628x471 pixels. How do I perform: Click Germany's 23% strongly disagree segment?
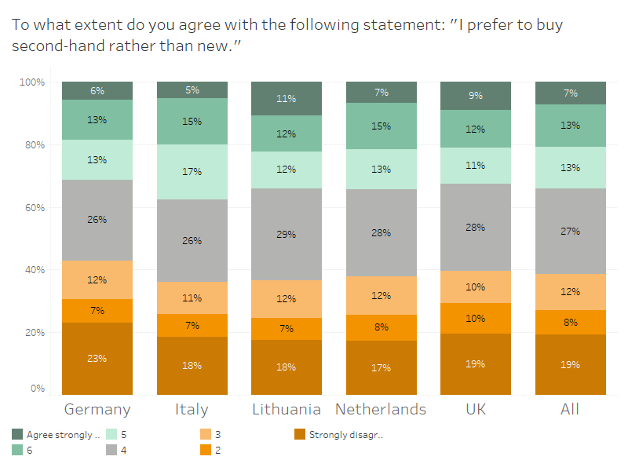(97, 359)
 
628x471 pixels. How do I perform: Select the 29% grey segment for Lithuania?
(287, 235)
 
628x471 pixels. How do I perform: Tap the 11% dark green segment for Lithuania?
(287, 99)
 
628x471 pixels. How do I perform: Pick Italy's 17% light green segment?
(192, 172)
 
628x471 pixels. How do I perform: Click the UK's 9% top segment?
(475, 96)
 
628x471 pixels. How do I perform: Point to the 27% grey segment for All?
(570, 231)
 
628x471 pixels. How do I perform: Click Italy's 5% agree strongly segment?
(192, 89)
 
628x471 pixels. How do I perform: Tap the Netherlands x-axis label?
(381, 409)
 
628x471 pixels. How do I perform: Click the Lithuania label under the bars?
(287, 409)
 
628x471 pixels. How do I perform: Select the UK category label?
(475, 409)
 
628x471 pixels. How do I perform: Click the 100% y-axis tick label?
(32, 82)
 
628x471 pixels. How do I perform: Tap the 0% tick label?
(38, 389)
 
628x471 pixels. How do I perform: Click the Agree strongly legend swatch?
(18, 434)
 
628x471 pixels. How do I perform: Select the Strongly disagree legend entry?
(345, 434)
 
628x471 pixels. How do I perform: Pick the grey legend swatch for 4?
(111, 451)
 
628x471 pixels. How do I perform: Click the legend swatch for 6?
(18, 451)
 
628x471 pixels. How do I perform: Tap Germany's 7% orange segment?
(97, 310)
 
